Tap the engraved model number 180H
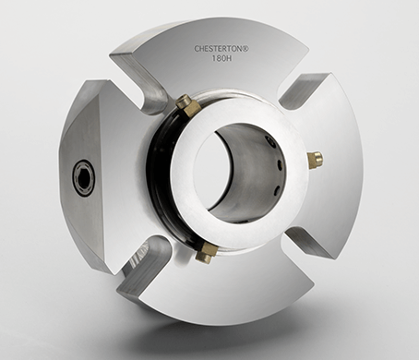pyautogui.click(x=221, y=58)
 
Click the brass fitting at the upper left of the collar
pyautogui.click(x=187, y=105)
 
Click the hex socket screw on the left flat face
pyautogui.click(x=84, y=177)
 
